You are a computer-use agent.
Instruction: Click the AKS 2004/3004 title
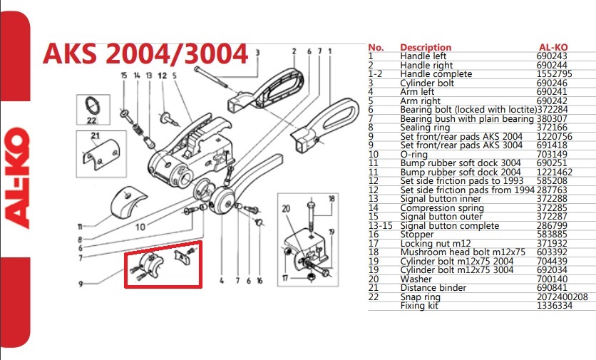tap(145, 52)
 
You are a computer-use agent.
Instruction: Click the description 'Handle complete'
tap(436, 74)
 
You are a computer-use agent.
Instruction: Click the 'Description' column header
tap(426, 47)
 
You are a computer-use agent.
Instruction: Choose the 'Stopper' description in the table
tap(418, 234)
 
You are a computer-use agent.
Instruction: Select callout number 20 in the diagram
tap(286, 209)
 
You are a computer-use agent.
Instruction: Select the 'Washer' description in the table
tap(416, 279)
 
